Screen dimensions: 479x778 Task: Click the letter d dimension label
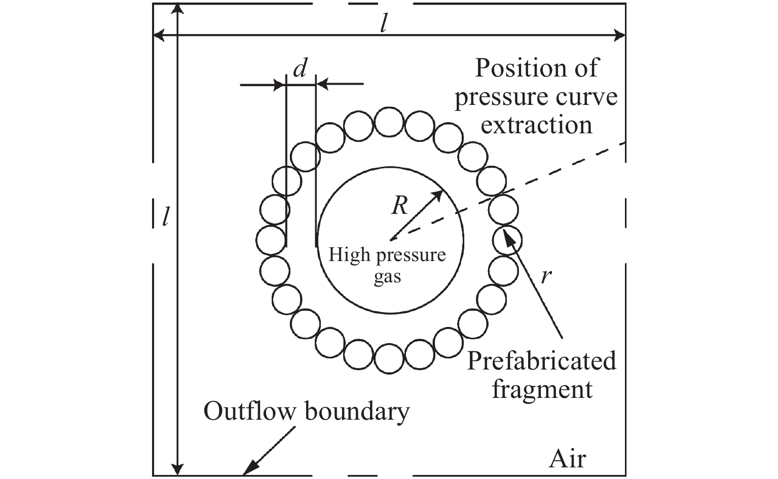(301, 69)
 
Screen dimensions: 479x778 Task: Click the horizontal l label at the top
(384, 24)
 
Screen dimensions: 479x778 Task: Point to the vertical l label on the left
(165, 216)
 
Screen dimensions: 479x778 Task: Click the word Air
(567, 458)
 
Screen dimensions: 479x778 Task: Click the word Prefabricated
(541, 361)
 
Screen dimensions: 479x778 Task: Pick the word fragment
(542, 390)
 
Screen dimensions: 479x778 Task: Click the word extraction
(536, 124)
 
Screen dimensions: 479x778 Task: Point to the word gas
(387, 277)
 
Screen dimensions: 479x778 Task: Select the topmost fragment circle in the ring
(388, 122)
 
